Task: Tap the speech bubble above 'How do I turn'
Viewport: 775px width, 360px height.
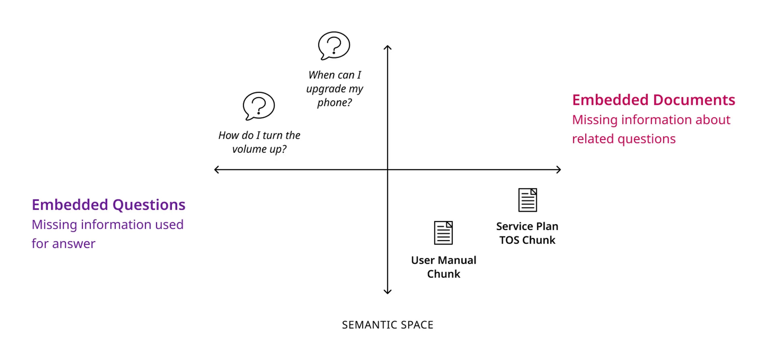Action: coord(259,106)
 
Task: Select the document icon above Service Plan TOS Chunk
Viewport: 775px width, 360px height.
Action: coord(527,200)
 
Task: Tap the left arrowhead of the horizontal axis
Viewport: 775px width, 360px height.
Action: coord(216,170)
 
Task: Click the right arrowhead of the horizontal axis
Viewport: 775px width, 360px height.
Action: coord(559,170)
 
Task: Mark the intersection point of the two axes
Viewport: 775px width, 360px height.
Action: coord(387,170)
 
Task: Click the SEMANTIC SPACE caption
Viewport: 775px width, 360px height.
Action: coord(387,325)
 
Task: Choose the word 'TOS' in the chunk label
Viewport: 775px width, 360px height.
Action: coord(509,240)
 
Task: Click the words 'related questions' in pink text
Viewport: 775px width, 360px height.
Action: coord(624,139)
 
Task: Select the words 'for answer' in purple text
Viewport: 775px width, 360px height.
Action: coord(64,244)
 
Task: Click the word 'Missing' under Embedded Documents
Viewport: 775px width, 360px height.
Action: coord(595,120)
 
